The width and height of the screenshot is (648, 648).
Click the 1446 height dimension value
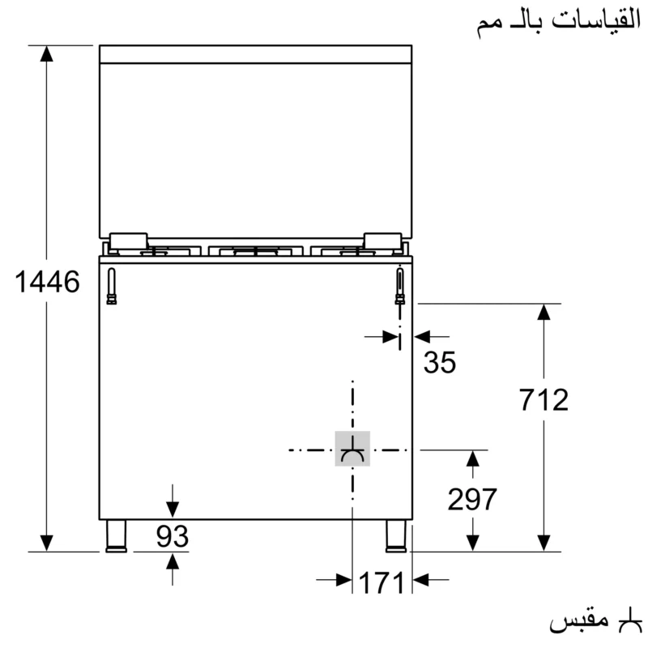48,283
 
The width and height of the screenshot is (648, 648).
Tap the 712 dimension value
544,400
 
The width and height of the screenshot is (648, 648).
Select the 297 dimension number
472,500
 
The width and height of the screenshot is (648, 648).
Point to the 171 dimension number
381,582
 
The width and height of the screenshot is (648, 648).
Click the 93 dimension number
172,536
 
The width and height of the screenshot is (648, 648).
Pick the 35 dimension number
440,363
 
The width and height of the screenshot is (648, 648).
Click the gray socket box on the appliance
352,449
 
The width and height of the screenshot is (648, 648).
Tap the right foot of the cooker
396,536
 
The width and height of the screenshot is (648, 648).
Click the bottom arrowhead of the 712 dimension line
544,542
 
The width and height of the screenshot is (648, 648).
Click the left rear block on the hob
128,241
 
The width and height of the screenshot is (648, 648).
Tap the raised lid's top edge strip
256,54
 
